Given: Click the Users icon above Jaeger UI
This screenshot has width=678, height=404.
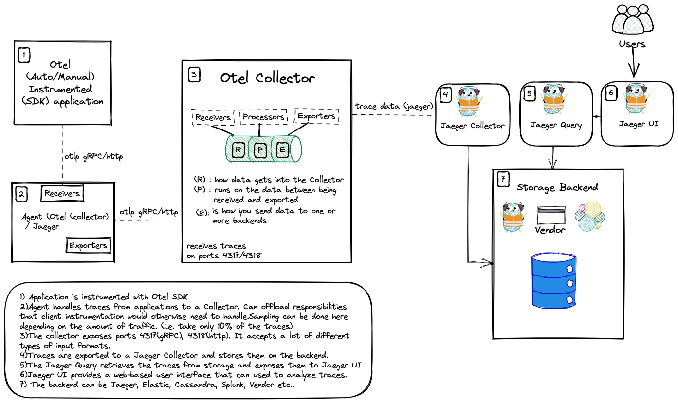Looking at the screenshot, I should click(x=632, y=19).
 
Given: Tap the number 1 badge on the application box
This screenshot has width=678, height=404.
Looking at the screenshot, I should click(x=24, y=55).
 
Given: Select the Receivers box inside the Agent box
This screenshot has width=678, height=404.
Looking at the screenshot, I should click(x=62, y=193).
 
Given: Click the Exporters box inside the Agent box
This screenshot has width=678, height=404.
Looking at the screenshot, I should click(x=88, y=245).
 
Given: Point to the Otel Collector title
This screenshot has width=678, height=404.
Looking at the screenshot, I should click(x=267, y=78).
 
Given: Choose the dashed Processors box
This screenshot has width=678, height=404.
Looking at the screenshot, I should click(x=263, y=117).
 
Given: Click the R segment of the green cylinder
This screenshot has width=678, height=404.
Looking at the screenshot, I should click(x=238, y=150).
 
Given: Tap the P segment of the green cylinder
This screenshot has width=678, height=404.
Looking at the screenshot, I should click(x=260, y=150).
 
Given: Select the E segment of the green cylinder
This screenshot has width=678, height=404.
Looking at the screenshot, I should click(x=282, y=150).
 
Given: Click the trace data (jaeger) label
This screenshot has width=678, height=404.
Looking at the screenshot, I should click(x=394, y=106).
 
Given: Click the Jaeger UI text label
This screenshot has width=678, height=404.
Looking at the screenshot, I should click(x=639, y=124).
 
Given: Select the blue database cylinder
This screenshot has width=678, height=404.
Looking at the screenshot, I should click(x=554, y=280).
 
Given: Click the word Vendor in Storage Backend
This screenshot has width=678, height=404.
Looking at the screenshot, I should click(x=550, y=229).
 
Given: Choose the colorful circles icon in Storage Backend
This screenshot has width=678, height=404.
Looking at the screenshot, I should click(x=590, y=215).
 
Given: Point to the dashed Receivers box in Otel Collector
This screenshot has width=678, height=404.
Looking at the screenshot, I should click(x=213, y=117).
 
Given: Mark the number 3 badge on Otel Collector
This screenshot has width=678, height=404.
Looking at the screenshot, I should click(x=194, y=74).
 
